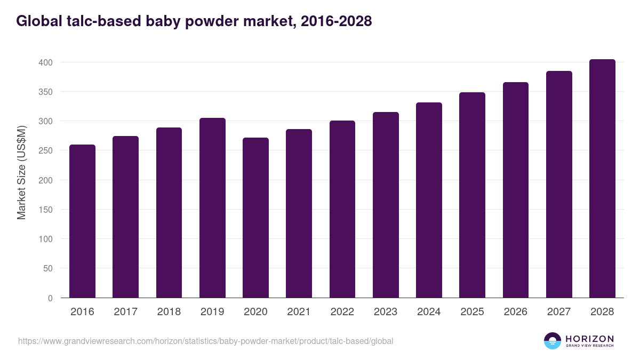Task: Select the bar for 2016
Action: pyautogui.click(x=82, y=221)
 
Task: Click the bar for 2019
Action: pyautogui.click(x=212, y=208)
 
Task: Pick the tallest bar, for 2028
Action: pyautogui.click(x=602, y=179)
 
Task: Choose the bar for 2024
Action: pyautogui.click(x=429, y=200)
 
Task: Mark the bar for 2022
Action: pyautogui.click(x=342, y=209)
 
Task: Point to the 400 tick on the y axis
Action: pyautogui.click(x=46, y=62)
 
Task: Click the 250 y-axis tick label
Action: pyautogui.click(x=46, y=151)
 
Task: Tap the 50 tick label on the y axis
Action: pyautogui.click(x=48, y=269)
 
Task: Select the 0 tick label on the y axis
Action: pyautogui.click(x=50, y=298)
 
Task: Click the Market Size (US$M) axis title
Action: pyautogui.click(x=21, y=172)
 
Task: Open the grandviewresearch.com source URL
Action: pyautogui.click(x=205, y=341)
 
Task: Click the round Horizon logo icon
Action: pyautogui.click(x=553, y=341)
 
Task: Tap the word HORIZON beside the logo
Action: pyautogui.click(x=589, y=339)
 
